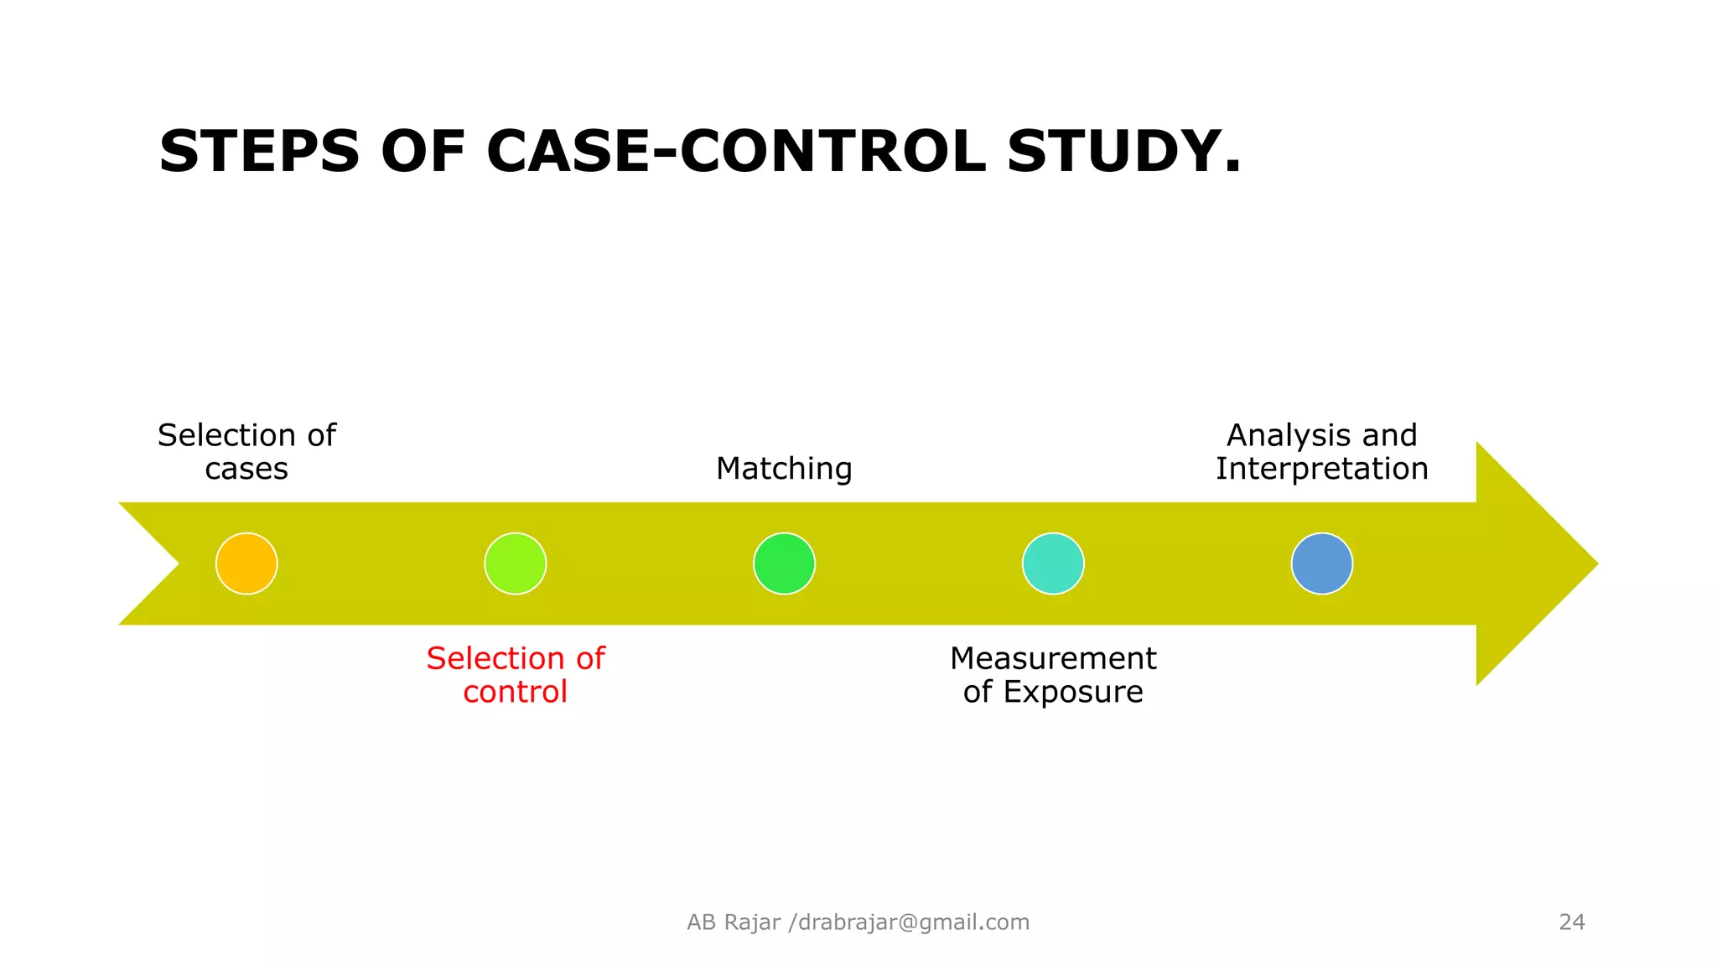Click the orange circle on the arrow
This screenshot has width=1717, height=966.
pos(246,563)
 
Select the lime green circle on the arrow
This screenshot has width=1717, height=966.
pos(516,563)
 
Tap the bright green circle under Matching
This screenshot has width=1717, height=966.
pos(784,563)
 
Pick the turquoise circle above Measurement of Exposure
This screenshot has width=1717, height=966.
pos(1053,563)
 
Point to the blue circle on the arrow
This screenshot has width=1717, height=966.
pos(1322,563)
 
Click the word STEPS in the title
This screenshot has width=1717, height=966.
pos(259,152)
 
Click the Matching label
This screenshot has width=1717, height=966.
pos(784,469)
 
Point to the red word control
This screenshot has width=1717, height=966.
pos(515,692)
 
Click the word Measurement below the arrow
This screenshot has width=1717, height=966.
pos(1053,659)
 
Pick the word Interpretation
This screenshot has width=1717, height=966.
pos(1322,469)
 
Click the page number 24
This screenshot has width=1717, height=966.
pos(1572,922)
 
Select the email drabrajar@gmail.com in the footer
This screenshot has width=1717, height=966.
pos(914,922)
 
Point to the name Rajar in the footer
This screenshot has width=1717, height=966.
pos(752,922)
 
